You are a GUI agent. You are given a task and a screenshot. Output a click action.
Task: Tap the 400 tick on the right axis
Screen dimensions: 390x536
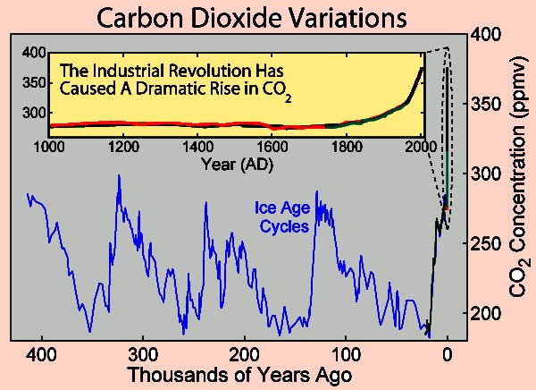[487, 35]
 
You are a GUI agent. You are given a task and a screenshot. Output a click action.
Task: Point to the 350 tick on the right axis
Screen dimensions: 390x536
[487, 104]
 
